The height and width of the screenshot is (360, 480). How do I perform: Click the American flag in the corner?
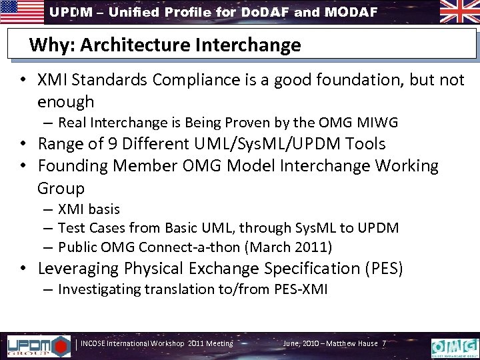tap(21, 12)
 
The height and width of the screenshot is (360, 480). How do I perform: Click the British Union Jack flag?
tap(459, 12)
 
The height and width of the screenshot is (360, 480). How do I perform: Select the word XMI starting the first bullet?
tap(53, 80)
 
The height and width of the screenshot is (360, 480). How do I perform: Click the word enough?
tap(66, 101)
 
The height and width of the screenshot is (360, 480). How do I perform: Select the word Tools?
tap(362, 143)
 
